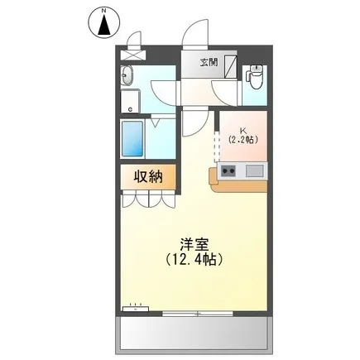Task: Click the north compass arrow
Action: coord(104,26)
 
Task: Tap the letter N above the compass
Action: coord(104,11)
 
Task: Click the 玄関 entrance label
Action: coord(209,62)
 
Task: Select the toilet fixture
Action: coord(256,76)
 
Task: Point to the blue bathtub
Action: coord(132,139)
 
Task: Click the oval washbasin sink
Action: coord(127,75)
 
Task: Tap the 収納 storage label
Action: coord(148,177)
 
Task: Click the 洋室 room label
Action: coord(194,244)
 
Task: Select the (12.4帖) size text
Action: coord(194,259)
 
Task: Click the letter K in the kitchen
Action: coord(243,130)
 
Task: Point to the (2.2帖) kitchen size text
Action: coord(243,140)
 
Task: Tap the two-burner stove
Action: coord(228,171)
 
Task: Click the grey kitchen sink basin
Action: coord(255,170)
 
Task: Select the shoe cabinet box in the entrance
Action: coord(231,67)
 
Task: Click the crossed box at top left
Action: coord(132,55)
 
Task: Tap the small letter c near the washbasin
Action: coord(130,110)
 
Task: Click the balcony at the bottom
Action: coord(194,334)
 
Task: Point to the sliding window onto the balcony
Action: coord(198,314)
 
